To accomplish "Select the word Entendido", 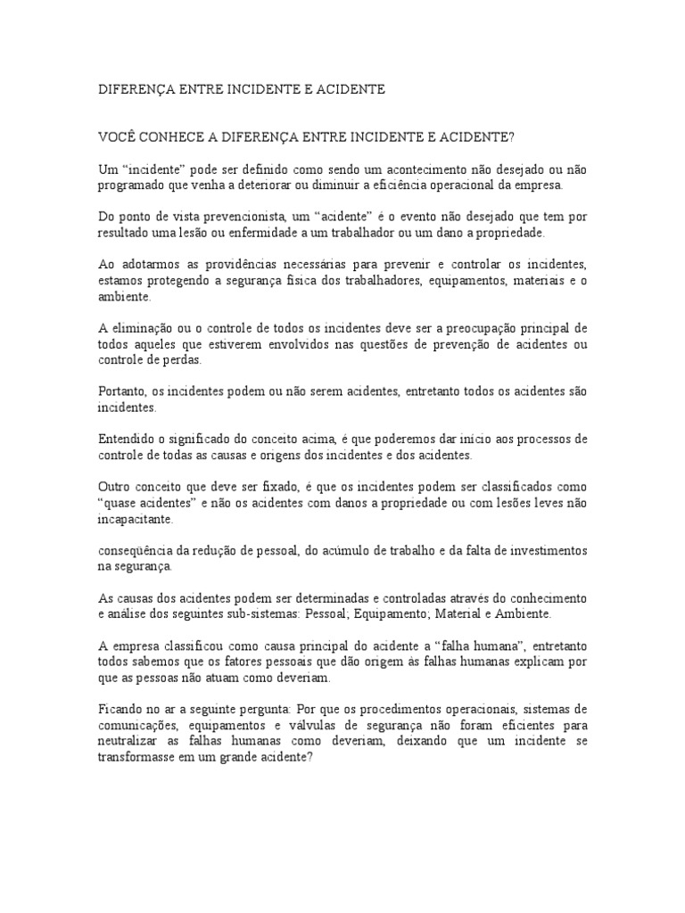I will coord(127,440).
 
